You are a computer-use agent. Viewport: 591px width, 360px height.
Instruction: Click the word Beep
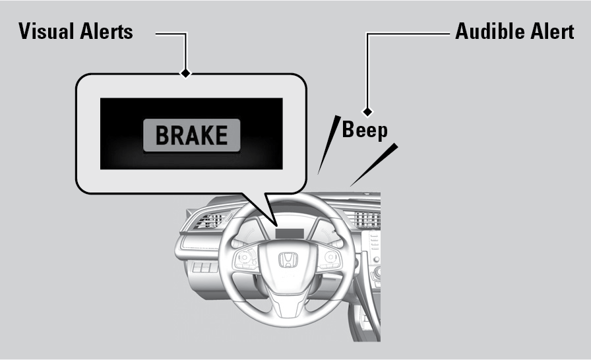[364, 130]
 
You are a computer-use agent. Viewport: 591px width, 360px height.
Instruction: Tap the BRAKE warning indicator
[191, 135]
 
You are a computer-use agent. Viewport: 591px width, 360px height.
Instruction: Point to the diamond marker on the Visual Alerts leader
[187, 73]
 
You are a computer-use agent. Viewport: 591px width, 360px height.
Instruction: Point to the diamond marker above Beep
[367, 112]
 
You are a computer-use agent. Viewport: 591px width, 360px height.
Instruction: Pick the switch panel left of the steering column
[204, 268]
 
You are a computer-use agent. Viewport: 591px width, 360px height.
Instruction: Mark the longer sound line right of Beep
[375, 165]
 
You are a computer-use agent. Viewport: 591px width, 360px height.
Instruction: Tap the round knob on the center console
[377, 272]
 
